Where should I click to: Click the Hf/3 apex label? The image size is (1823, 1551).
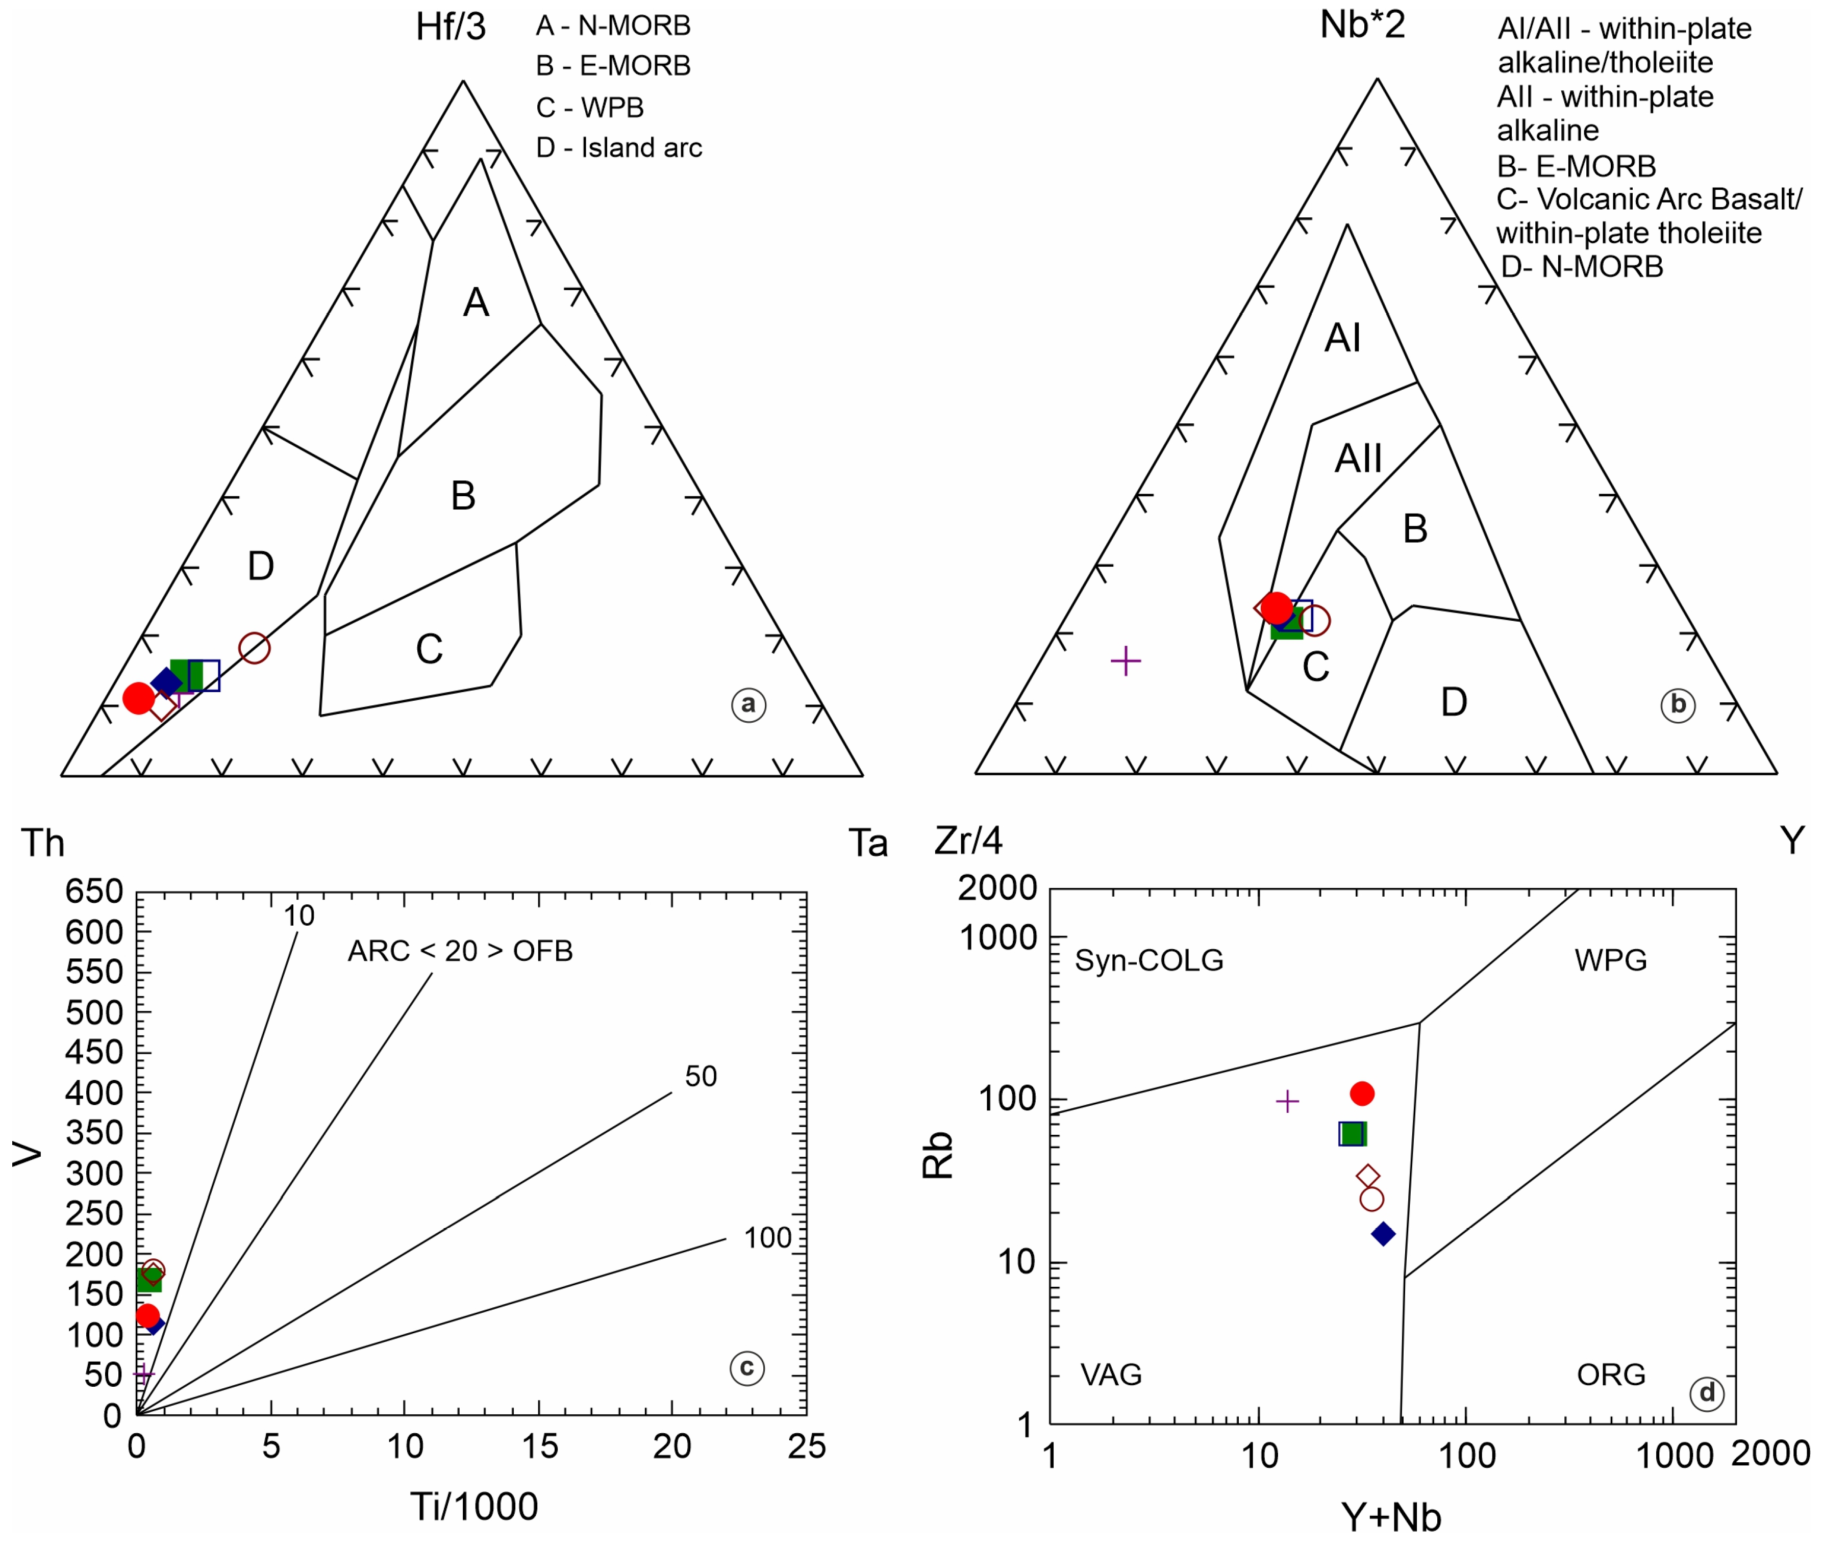(x=450, y=27)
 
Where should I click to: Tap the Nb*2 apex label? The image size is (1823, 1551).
(x=1362, y=24)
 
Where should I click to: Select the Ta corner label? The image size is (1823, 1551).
(x=868, y=843)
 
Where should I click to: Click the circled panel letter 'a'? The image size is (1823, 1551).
(x=748, y=704)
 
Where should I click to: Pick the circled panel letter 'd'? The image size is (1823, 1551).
(x=1707, y=1393)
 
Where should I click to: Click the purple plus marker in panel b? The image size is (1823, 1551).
(x=1126, y=660)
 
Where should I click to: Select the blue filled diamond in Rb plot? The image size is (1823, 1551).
(x=1383, y=1234)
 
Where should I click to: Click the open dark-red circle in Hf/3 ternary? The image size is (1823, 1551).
(x=254, y=648)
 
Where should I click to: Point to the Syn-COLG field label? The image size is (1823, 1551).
(x=1148, y=960)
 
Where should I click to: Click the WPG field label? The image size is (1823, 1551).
(x=1610, y=960)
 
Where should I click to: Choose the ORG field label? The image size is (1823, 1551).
(x=1610, y=1374)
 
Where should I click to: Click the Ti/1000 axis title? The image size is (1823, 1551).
(x=474, y=1506)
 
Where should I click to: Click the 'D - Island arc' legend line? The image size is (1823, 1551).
(x=619, y=148)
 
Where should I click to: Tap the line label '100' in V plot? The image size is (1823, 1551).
(x=768, y=1238)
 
